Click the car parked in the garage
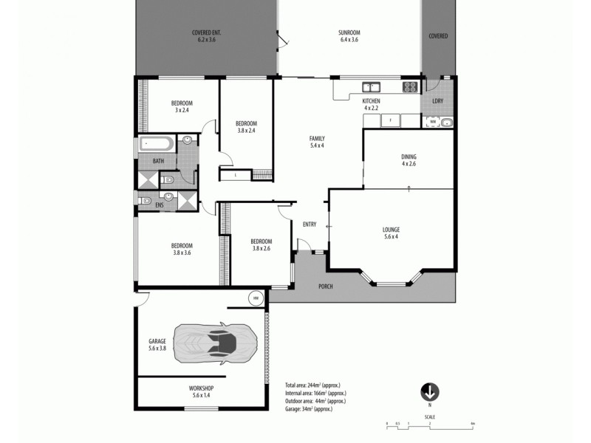(x=216, y=343)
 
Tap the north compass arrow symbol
(x=430, y=391)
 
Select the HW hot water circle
(x=256, y=298)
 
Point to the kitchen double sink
(x=370, y=86)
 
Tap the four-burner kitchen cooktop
(x=410, y=87)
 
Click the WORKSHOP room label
(x=201, y=388)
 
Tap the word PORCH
(x=325, y=286)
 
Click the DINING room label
(x=409, y=157)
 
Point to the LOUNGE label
(x=392, y=230)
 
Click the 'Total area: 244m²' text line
(x=315, y=385)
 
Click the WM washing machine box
(x=433, y=122)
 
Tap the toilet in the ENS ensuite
(x=146, y=200)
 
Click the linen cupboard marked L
(x=235, y=175)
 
